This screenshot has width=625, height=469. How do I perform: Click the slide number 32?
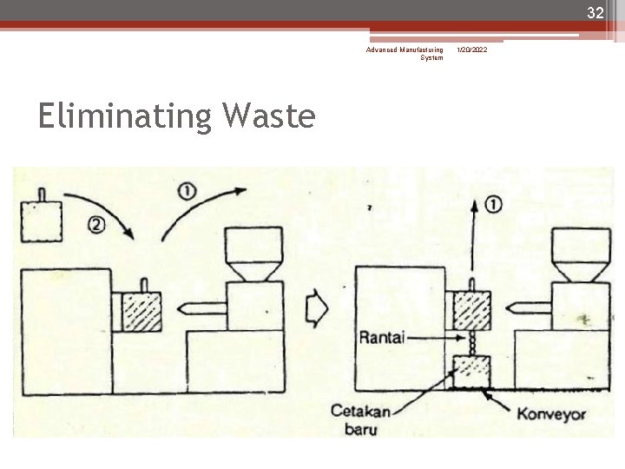595,12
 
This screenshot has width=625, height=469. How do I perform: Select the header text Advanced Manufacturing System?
405,54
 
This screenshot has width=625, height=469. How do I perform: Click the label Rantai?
382,336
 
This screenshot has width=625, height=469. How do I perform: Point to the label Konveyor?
551,413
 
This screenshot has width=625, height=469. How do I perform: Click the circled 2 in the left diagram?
96,225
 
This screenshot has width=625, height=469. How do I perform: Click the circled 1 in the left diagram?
186,190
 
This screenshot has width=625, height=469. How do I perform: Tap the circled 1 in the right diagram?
493,205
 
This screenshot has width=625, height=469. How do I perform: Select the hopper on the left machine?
253,249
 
